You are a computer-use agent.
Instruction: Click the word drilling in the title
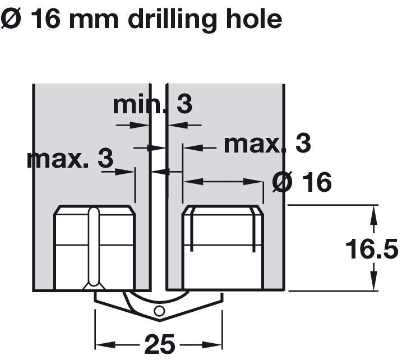(172, 19)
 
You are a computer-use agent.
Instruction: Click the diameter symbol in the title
(11, 19)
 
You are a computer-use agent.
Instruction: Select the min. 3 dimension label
(153, 105)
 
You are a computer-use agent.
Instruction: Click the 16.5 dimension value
(372, 249)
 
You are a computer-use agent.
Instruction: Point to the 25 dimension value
(160, 344)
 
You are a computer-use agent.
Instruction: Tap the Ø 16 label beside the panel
(302, 182)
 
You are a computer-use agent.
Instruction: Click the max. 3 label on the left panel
(70, 159)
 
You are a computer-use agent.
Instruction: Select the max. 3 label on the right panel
(267, 144)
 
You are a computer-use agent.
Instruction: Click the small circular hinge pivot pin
(159, 311)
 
